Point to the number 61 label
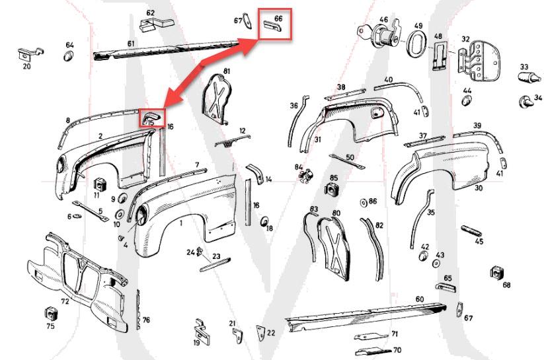131,43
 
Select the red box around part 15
151,118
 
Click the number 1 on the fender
181,224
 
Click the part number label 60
419,299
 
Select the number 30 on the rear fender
478,188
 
